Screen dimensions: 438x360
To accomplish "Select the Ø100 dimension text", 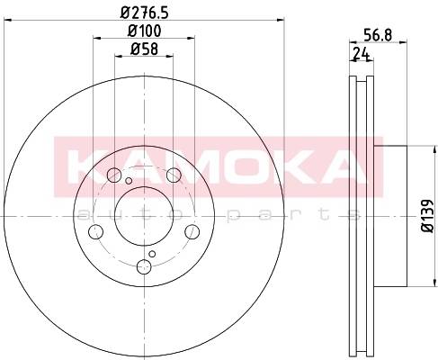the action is [145, 31].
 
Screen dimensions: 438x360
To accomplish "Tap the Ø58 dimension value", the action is [144, 49].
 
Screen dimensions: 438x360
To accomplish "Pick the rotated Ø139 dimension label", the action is [428, 216].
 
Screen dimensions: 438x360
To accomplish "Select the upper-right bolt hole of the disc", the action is [174, 175].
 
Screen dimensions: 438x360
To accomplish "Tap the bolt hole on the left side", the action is [96, 232].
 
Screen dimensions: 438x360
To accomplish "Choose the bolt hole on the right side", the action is [192, 232].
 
